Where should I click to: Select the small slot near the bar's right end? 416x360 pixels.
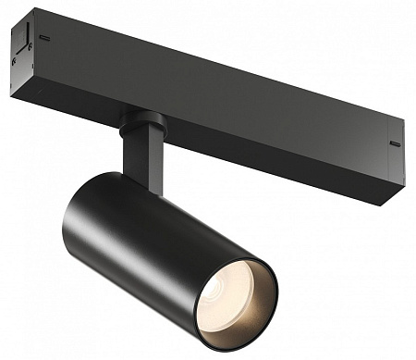coord(395,143)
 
